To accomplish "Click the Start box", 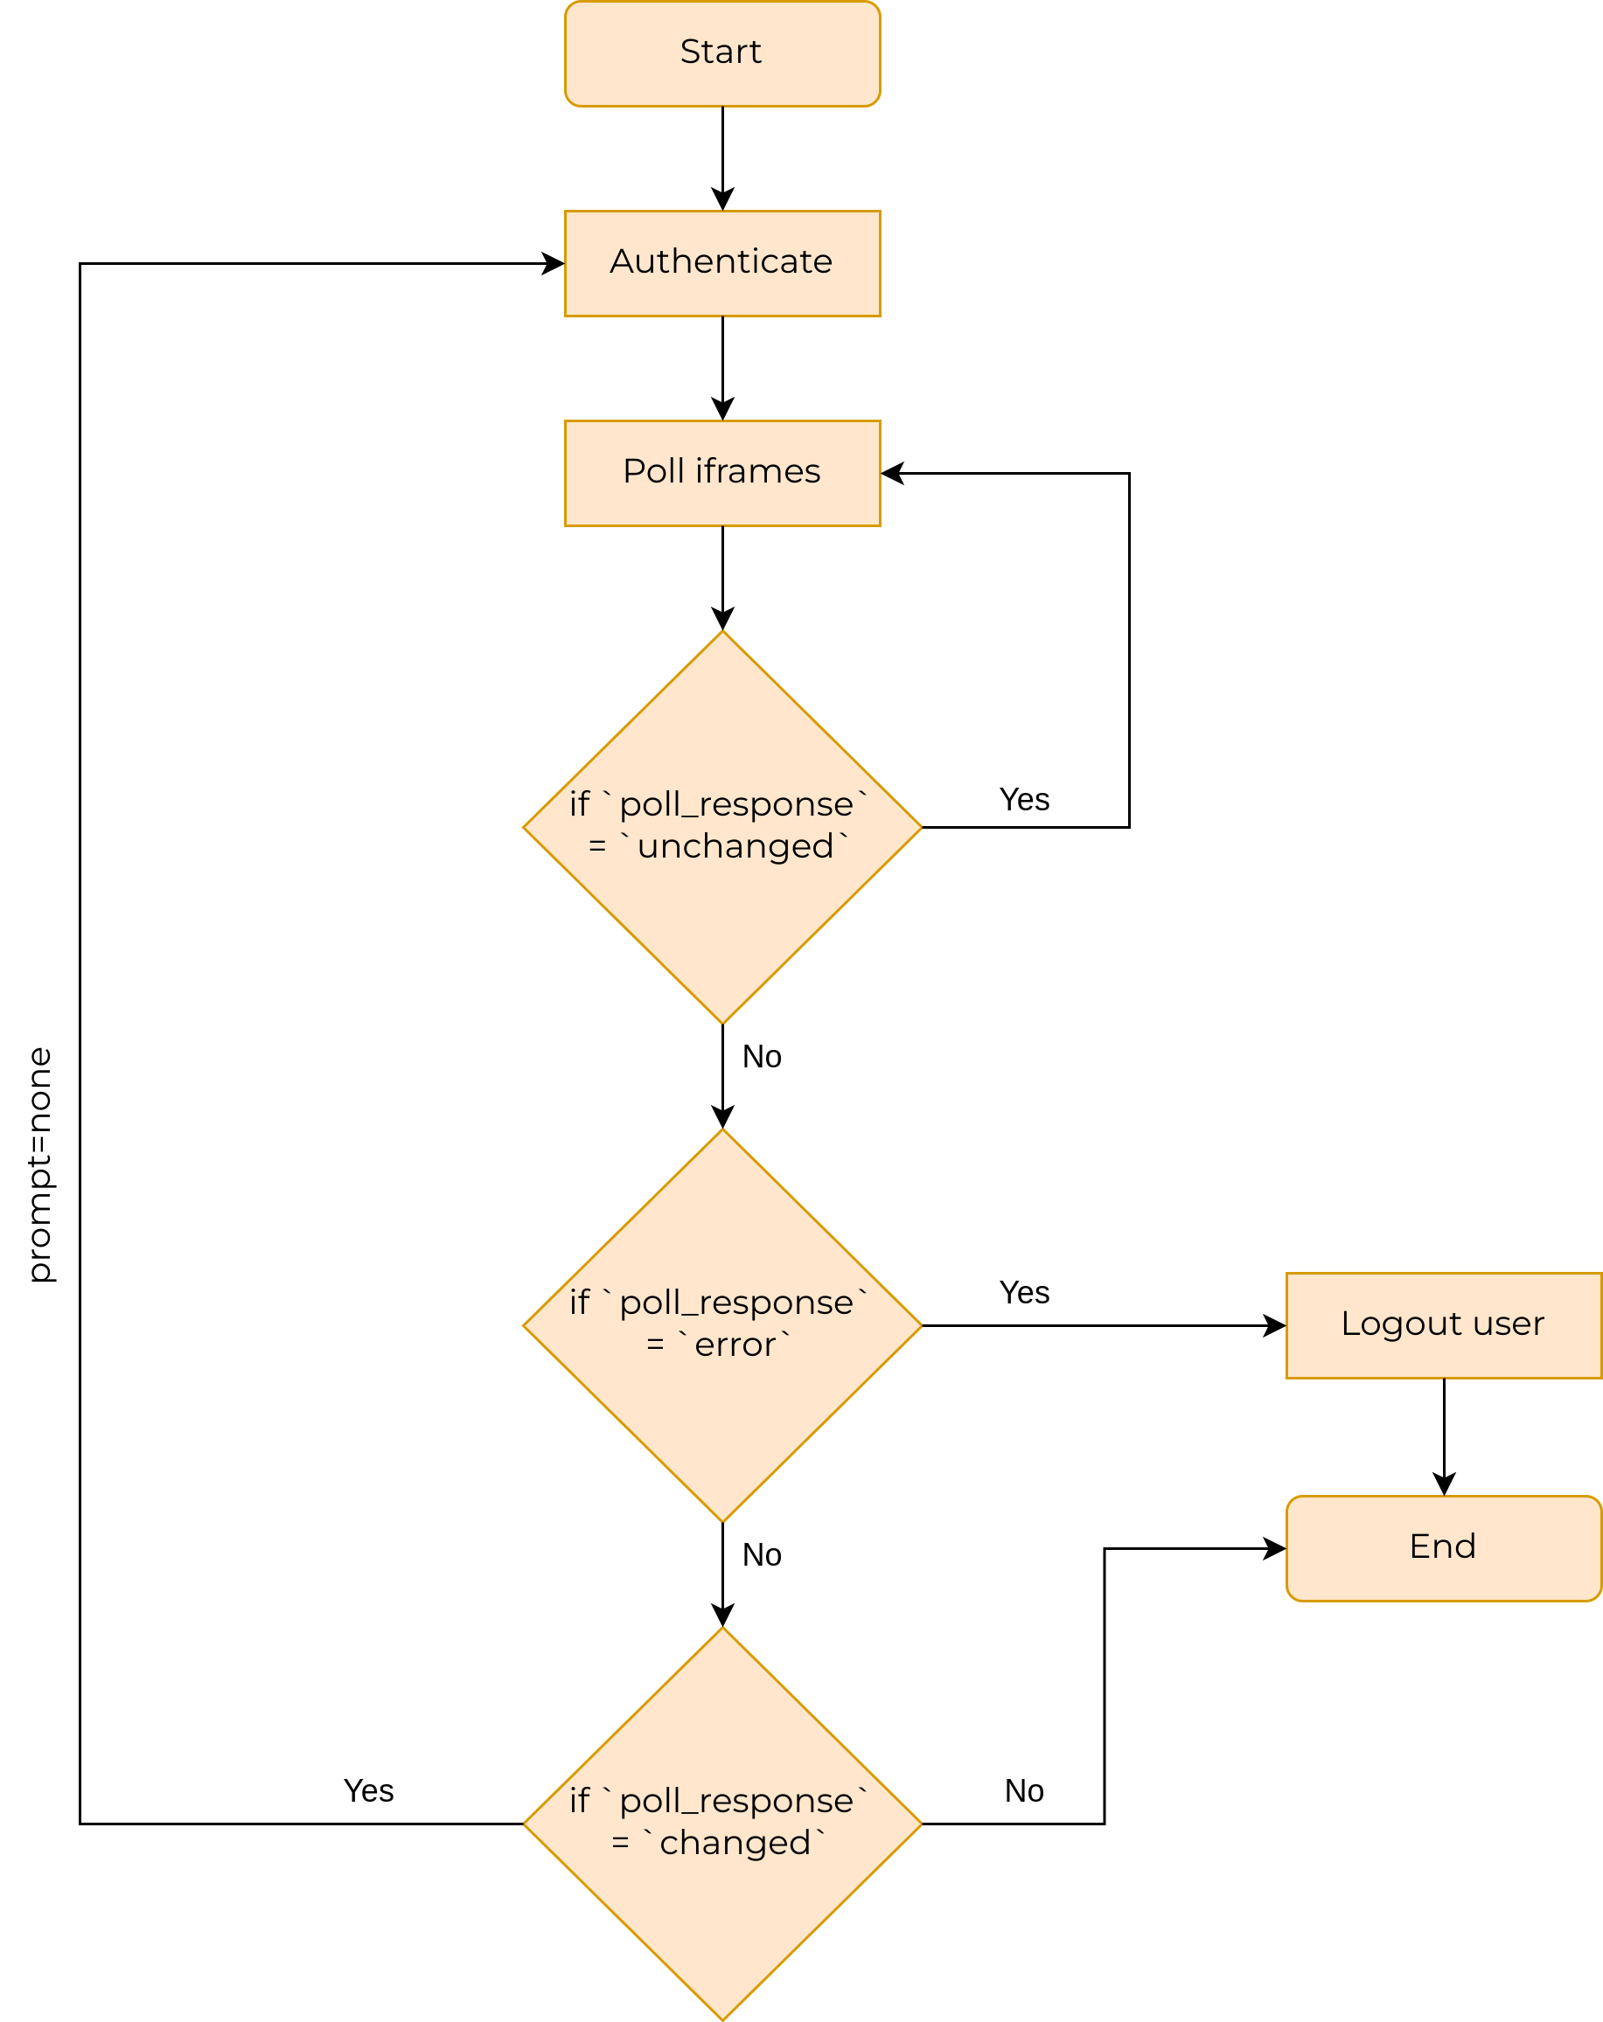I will (721, 53).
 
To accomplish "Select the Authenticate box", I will (721, 262).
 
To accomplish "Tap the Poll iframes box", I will (721, 473).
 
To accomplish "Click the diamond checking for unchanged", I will (721, 826).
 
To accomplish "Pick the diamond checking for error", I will (721, 1324).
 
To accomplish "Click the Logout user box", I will (1443, 1324).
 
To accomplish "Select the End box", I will (1443, 1547).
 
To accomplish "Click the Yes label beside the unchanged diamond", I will (1023, 800).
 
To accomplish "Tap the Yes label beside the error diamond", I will (1023, 1292).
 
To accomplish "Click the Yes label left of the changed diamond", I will (369, 1790).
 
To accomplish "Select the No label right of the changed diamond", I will (1023, 1790).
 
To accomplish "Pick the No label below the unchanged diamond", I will (761, 1057).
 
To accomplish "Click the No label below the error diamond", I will (761, 1555).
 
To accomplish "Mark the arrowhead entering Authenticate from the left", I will (554, 263).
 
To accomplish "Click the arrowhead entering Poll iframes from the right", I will (892, 474).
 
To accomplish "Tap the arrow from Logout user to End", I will (1443, 1435).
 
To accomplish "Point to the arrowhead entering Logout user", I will (1274, 1325).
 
